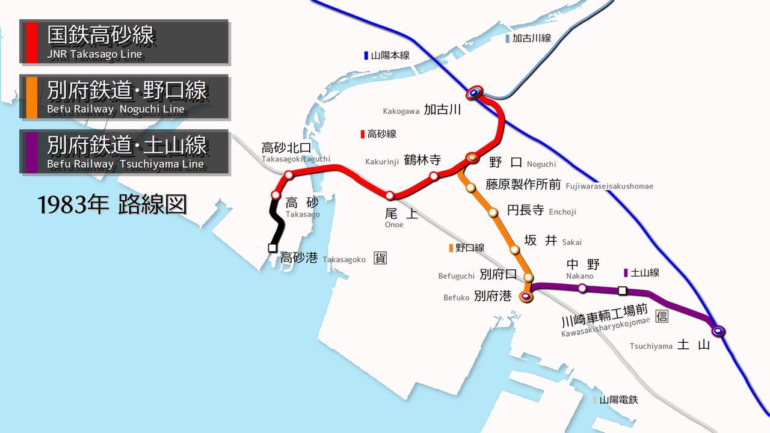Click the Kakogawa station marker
474,93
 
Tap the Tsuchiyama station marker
717,331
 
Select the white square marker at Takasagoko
273,248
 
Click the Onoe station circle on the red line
390,195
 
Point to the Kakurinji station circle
434,176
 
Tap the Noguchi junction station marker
472,158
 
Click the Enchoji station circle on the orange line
493,212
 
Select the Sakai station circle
514,249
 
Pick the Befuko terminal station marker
526,296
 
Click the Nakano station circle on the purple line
582,289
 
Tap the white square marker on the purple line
623,291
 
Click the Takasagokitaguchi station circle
289,175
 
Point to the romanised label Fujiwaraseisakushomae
609,186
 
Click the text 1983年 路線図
112,205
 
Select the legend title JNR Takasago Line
94,55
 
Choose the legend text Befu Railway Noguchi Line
115,109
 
